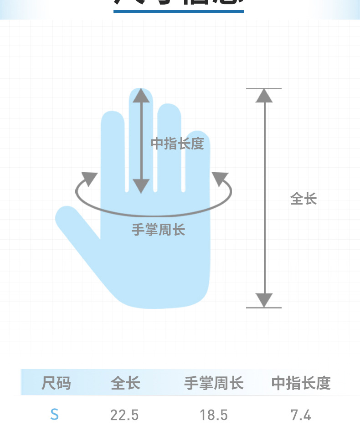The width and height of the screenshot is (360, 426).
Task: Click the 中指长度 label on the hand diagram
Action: tap(177, 144)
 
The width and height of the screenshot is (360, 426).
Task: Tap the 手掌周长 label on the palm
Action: tap(158, 230)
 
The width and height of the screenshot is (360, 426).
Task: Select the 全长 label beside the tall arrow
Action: tap(303, 199)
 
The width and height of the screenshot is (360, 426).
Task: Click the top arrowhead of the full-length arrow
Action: tap(264, 95)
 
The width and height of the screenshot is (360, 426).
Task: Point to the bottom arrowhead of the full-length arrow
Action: tap(264, 300)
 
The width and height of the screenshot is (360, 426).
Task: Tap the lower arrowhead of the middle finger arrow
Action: tap(141, 185)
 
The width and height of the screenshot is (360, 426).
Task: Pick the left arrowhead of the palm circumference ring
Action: tap(90, 179)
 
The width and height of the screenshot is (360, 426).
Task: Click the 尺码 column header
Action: tap(56, 383)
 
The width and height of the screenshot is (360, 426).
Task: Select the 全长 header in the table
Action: tap(125, 383)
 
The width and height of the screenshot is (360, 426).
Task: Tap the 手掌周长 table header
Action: tap(214, 383)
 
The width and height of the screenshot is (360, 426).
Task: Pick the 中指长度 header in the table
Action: tap(301, 383)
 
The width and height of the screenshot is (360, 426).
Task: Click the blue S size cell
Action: tap(55, 415)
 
